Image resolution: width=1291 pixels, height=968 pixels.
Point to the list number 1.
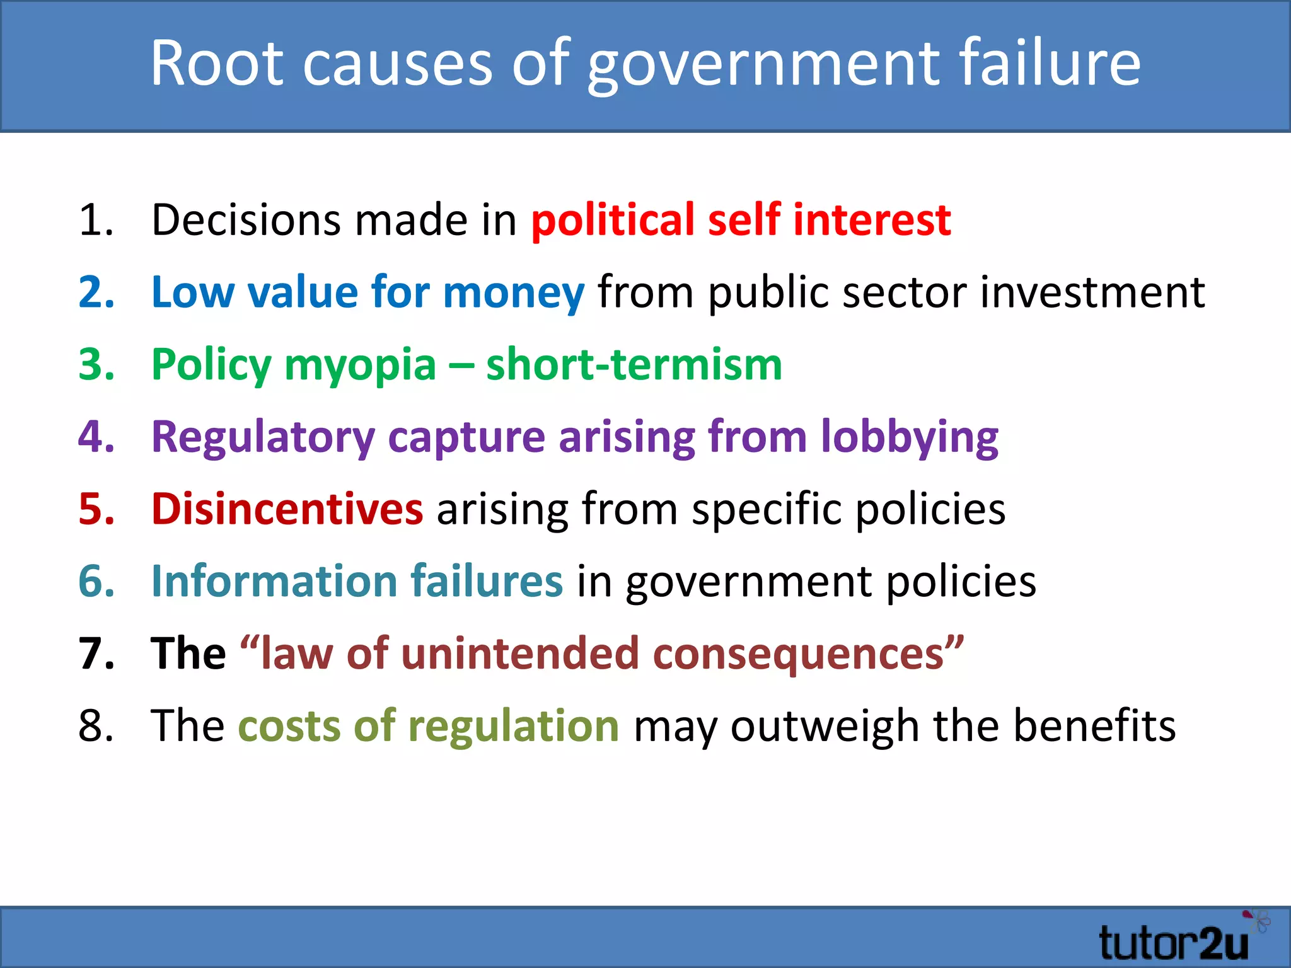click(x=96, y=221)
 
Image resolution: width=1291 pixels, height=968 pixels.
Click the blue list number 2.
click(x=96, y=292)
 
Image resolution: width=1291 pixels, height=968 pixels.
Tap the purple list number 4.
click(x=96, y=436)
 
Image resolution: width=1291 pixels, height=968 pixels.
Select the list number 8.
click(x=96, y=725)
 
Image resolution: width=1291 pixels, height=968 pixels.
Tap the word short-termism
click(x=634, y=365)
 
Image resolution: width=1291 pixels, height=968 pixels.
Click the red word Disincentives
click(x=287, y=509)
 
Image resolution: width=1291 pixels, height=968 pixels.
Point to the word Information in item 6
click(x=274, y=581)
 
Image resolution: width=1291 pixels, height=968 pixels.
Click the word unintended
click(x=520, y=654)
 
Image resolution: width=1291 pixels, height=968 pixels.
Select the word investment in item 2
click(x=1092, y=292)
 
